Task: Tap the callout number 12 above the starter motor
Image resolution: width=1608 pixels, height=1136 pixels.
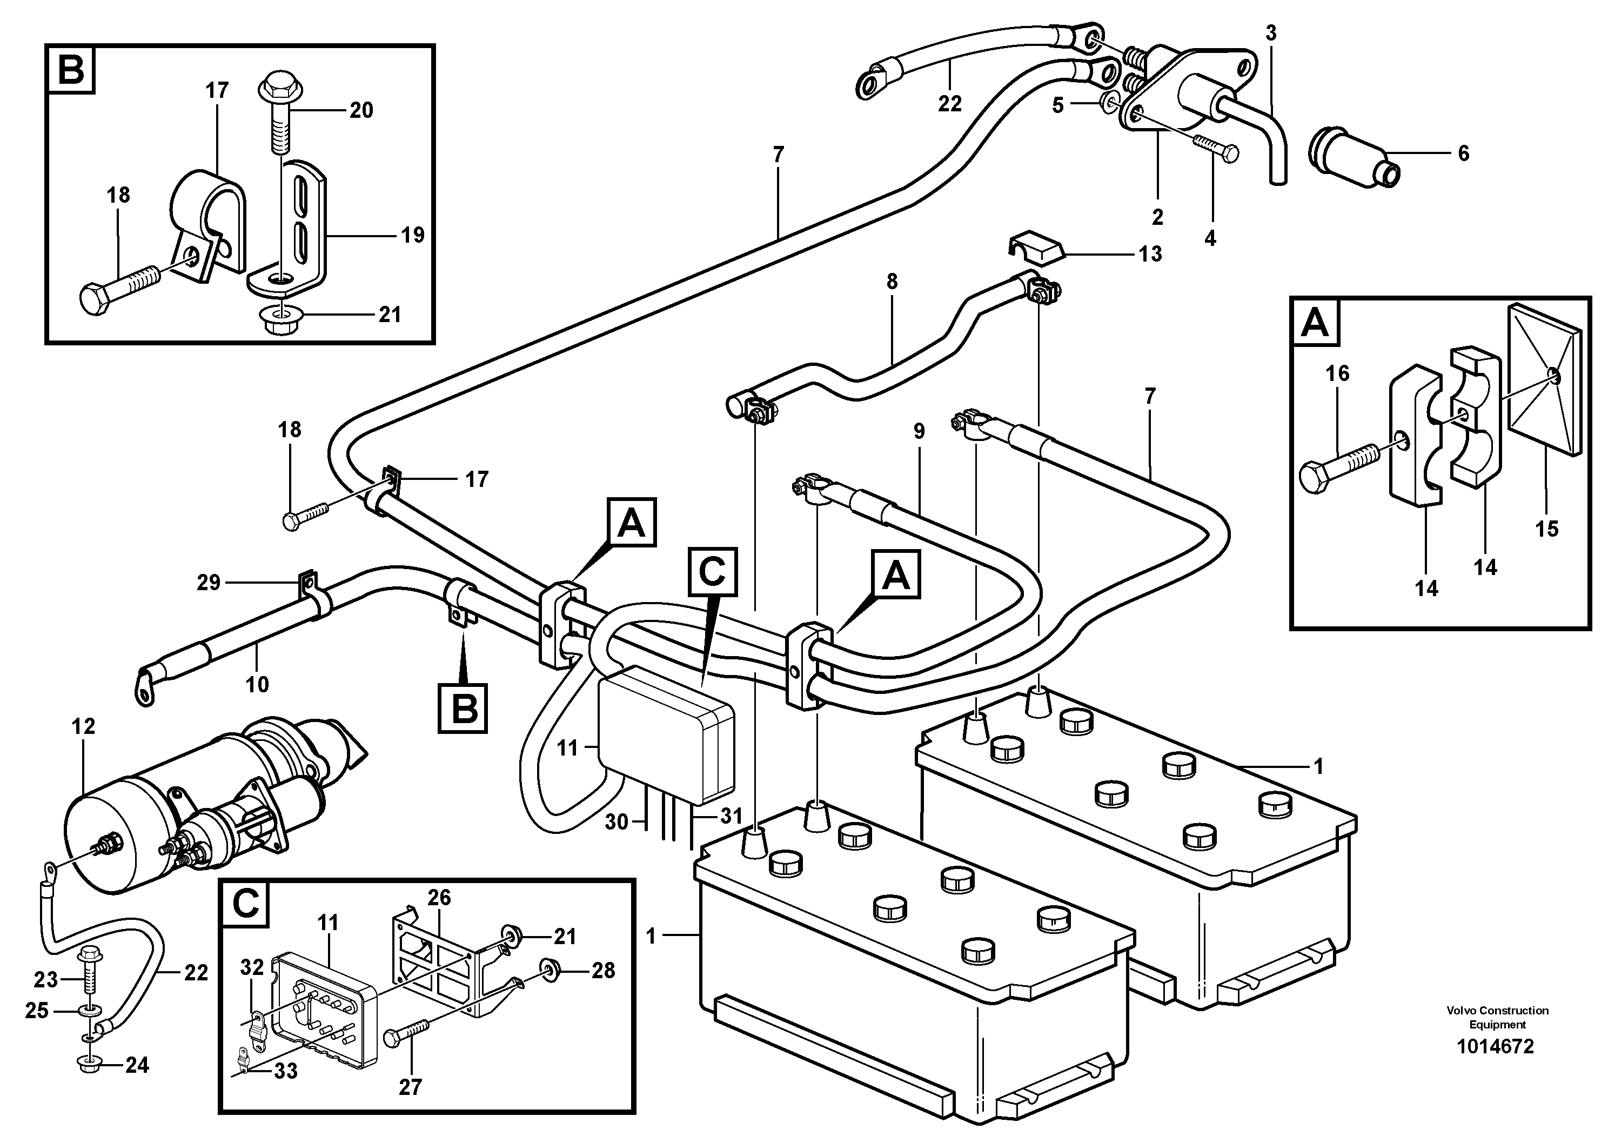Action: coord(83,726)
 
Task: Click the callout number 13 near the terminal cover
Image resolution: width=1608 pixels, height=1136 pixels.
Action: coord(1149,253)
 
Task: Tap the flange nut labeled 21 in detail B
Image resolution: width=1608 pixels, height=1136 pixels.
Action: coord(282,320)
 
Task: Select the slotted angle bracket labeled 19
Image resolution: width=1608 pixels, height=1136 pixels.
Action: coord(303,231)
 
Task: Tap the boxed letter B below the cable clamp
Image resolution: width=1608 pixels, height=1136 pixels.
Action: coord(462,708)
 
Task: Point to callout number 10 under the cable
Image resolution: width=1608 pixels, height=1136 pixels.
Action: coord(257,684)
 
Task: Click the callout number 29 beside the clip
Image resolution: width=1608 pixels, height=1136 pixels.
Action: coord(209,583)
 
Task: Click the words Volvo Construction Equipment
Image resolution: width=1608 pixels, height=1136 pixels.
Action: coord(1497,1017)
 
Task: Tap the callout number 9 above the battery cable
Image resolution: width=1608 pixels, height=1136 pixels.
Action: coord(919,431)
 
